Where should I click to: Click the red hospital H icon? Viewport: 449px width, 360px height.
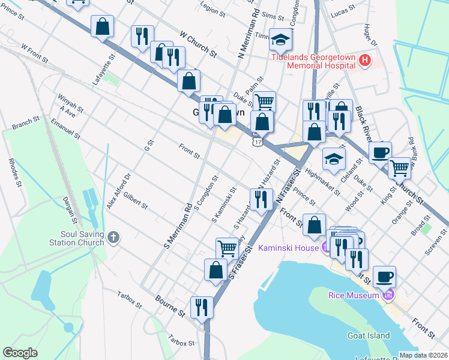click(365, 60)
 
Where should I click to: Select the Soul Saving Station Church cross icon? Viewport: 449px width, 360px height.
click(113, 238)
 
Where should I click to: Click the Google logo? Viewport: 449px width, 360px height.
click(20, 353)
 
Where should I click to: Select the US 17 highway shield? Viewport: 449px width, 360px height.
click(258, 142)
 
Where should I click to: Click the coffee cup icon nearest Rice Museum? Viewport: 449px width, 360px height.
click(384, 277)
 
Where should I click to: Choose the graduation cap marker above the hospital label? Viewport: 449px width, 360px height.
click(280, 39)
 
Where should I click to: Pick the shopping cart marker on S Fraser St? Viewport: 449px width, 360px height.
click(227, 247)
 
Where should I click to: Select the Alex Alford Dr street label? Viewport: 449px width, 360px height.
click(118, 191)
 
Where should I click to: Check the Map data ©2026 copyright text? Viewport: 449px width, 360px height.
click(423, 355)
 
